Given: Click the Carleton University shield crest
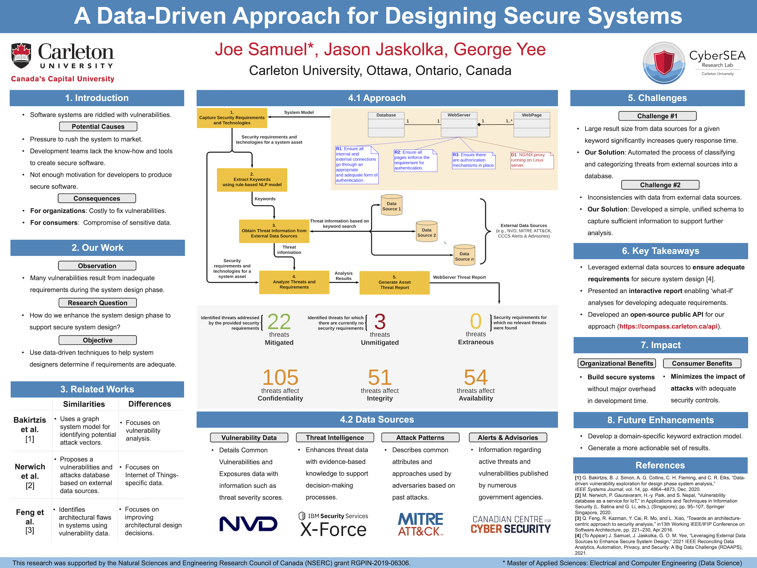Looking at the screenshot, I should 21,55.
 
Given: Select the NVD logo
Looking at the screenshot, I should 248,524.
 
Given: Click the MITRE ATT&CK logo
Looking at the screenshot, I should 420,524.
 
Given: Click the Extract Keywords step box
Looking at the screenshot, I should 252,180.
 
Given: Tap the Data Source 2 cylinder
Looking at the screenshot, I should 426,232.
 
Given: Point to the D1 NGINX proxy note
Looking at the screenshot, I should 531,160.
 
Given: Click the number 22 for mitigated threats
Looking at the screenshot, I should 279,321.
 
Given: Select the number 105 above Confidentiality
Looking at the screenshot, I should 280,377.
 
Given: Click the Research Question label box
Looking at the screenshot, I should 98,303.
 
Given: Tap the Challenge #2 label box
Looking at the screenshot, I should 660,185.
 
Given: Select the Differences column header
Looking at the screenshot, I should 150,404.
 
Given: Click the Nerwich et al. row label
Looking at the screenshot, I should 30,476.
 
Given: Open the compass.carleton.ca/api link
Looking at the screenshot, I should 668,326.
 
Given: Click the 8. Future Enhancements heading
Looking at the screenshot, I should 660,420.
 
